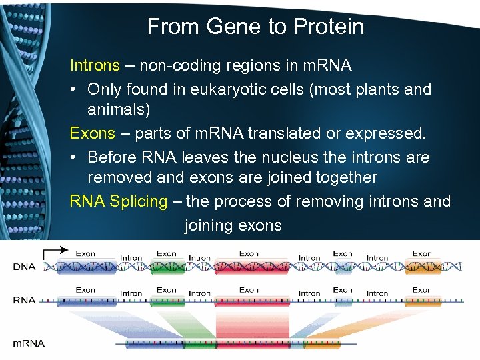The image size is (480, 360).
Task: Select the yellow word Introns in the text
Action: [95, 66]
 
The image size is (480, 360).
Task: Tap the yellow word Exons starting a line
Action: [93, 133]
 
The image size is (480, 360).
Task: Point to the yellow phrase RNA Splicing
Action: [119, 201]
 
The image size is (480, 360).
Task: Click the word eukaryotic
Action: [226, 89]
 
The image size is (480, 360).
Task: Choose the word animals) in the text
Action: [119, 109]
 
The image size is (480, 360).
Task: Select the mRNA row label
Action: [29, 343]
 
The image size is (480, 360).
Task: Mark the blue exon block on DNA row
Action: [87, 267]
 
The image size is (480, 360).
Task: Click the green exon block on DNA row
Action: [167, 267]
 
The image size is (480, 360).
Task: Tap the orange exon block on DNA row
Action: [423, 267]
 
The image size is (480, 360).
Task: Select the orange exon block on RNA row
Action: [423, 301]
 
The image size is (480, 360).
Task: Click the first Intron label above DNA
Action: [131, 257]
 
